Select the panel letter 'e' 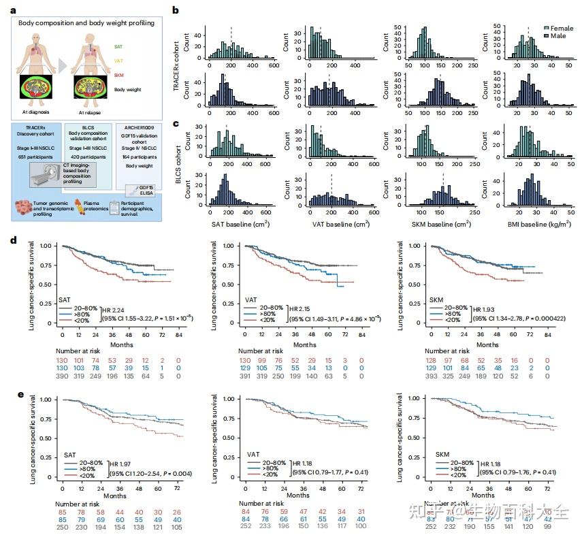(9, 395)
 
